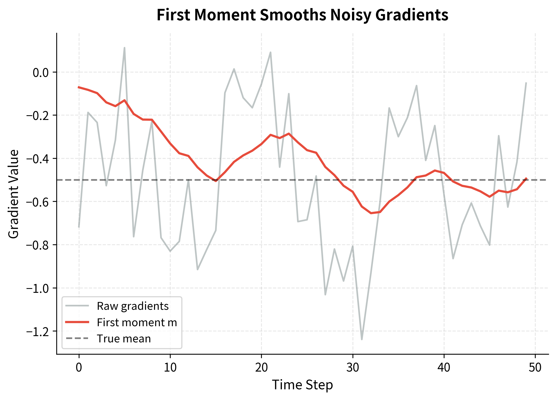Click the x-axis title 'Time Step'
tap(302, 385)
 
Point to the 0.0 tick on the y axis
tap(41, 72)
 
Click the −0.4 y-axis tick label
tap(38, 159)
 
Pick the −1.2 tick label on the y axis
tap(38, 331)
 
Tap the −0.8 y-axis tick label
tap(38, 245)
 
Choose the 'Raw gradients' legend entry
tap(133, 306)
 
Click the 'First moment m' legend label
tap(137, 323)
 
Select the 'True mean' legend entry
tap(124, 339)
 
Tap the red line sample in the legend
tap(77, 323)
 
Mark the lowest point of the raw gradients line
tap(362, 339)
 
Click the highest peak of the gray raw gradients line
tap(125, 48)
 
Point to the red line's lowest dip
tap(371, 213)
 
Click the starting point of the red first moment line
tap(79, 87)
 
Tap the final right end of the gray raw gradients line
tap(526, 83)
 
